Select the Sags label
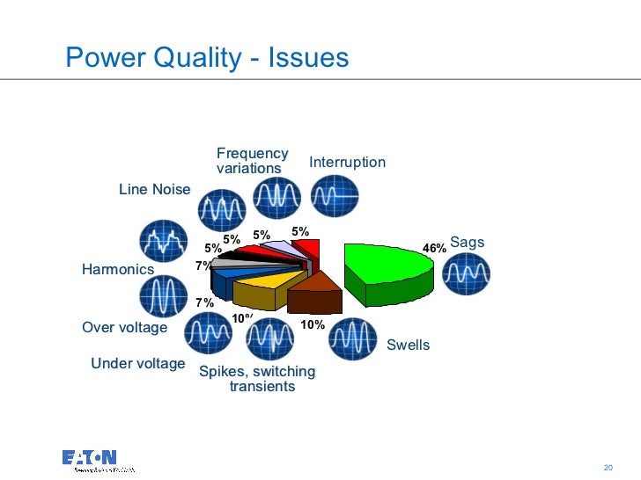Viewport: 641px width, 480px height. coord(468,242)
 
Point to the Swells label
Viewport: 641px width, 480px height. coord(409,345)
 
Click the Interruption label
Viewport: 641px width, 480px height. coord(347,163)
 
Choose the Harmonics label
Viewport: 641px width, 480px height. coord(118,269)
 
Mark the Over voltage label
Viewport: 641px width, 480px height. coord(124,328)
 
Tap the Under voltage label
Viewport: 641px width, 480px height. coord(138,364)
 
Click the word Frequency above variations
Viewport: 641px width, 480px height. coord(252,154)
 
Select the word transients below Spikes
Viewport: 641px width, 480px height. coord(262,387)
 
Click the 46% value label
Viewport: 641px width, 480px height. coord(434,249)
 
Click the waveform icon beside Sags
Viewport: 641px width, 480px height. coord(466,274)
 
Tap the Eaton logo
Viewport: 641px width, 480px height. coord(90,458)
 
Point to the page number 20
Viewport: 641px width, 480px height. coord(608,465)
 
